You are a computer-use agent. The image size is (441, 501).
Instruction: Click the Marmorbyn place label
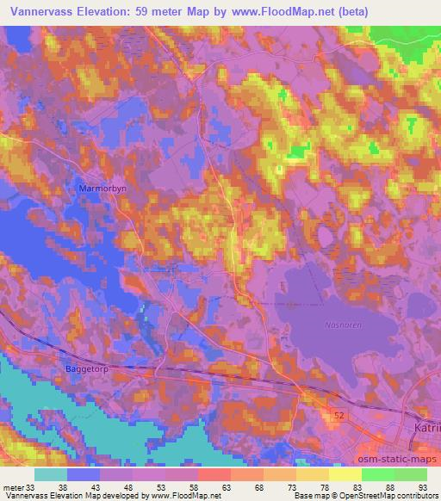pos(102,187)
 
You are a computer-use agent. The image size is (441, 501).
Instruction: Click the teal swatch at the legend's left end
pos(52,474)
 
